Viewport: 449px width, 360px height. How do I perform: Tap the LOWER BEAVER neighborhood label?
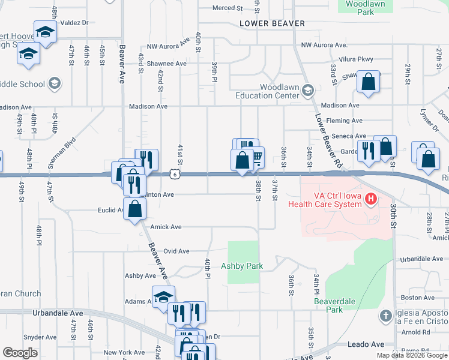(x=272, y=23)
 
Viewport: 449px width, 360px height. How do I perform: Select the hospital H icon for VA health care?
(x=372, y=199)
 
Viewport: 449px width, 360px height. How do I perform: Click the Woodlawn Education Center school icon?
(x=308, y=90)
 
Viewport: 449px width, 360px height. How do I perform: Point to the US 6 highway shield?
(x=174, y=174)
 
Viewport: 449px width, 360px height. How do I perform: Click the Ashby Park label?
(x=242, y=266)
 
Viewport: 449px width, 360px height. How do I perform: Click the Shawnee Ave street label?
(x=168, y=64)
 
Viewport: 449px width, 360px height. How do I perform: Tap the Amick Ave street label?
(x=165, y=227)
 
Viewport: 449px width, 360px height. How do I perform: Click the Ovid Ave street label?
(x=176, y=251)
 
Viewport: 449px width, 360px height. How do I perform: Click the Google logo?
(x=20, y=353)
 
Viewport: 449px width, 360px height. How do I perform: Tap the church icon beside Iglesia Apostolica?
(x=386, y=315)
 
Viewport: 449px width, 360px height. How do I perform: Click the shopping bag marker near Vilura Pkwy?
(x=368, y=82)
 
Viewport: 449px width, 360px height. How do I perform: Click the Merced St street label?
(x=228, y=8)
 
